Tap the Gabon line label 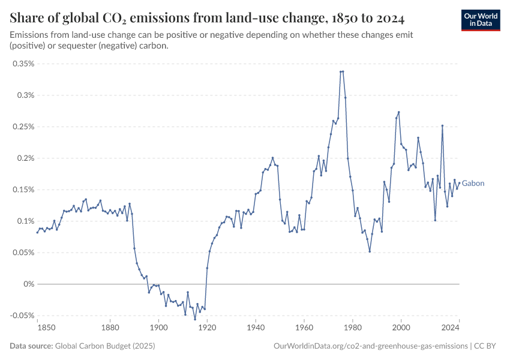pos(473,184)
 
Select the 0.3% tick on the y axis pos(25,95)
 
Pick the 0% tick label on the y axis pos(28,284)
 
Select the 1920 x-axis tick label pos(207,328)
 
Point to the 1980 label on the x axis pos(352,328)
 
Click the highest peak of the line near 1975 pos(341,71)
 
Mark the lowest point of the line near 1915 pos(195,319)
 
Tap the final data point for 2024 pos(459,184)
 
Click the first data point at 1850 pos(37,232)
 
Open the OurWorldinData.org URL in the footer pos(370,346)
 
